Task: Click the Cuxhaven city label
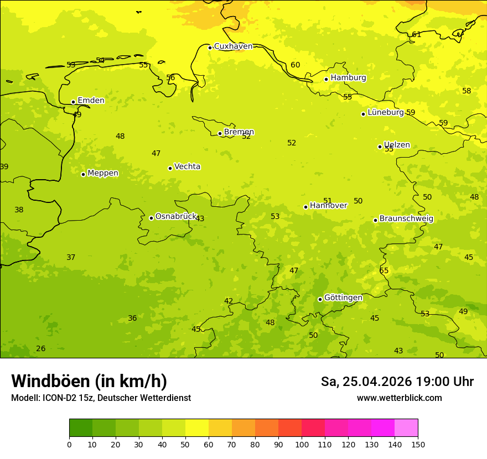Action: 233,46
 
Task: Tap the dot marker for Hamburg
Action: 327,79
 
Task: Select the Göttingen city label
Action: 343,298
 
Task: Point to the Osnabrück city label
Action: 176,216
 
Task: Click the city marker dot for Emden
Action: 73,102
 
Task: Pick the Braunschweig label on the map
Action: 406,218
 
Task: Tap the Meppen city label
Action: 103,173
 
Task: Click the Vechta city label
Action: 187,166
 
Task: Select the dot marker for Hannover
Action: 305,207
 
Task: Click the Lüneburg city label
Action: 386,112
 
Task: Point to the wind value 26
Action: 41,348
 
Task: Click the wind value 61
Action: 416,34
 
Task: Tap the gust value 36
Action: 132,318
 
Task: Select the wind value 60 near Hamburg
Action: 296,65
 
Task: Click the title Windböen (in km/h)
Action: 89,381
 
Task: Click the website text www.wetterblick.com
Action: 399,398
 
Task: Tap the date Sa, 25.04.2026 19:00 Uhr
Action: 397,382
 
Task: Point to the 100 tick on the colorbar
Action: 302,444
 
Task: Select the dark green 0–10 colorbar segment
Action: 81,427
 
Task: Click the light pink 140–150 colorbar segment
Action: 406,427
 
